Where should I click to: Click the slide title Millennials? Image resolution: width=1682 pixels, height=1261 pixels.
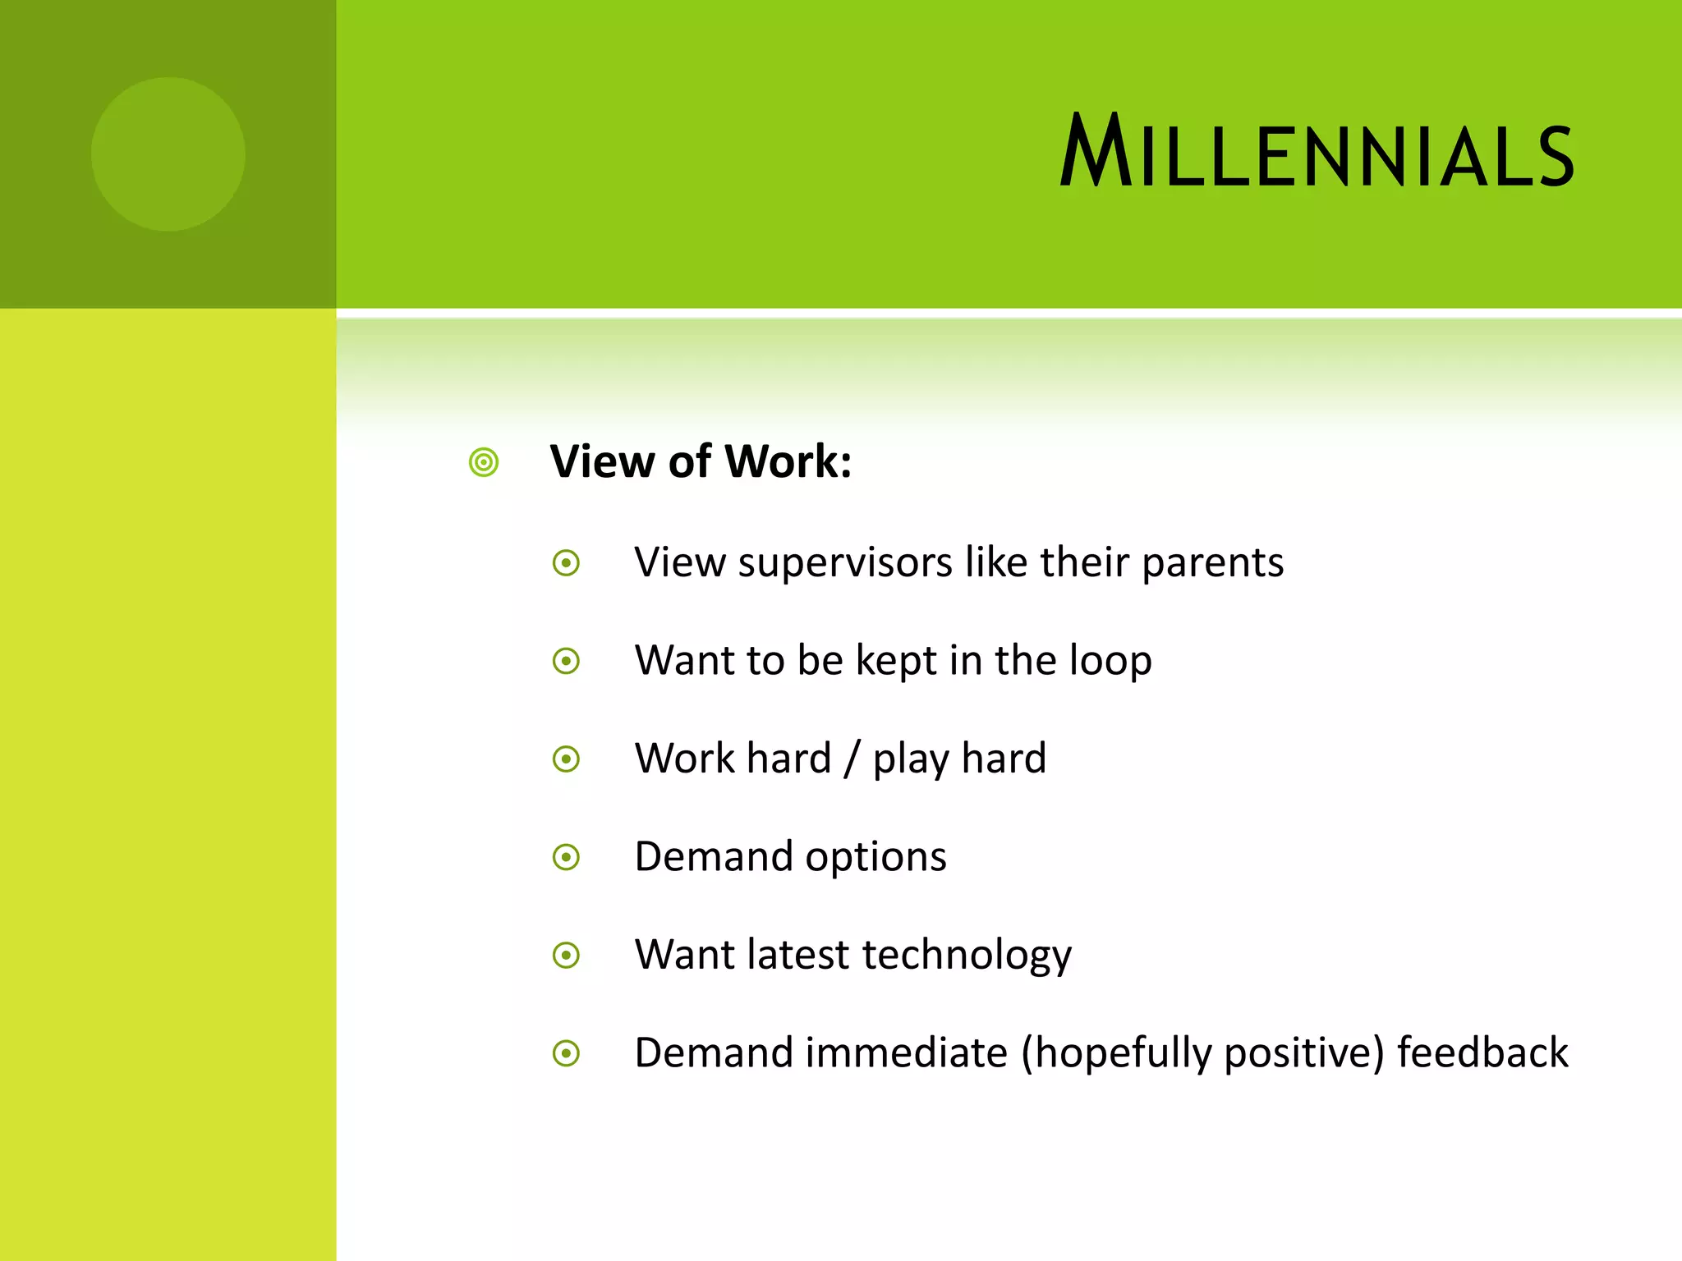pos(1317,152)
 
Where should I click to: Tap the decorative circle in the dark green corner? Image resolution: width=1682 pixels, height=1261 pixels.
pos(168,154)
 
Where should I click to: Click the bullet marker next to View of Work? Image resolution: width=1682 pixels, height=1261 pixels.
pos(484,462)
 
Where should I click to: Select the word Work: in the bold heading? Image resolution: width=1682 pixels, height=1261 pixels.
pos(788,461)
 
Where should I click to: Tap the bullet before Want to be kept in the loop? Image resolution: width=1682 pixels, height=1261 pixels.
pos(566,661)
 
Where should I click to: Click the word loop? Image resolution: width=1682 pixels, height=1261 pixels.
pos(1110,662)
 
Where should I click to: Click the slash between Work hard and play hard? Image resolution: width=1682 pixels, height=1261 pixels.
pos(852,759)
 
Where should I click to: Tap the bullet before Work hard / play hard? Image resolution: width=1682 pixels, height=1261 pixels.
pos(566,759)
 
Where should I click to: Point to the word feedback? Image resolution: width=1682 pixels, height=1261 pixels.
pos(1482,1053)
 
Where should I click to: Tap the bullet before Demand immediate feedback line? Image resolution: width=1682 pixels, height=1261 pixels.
pos(566,1053)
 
